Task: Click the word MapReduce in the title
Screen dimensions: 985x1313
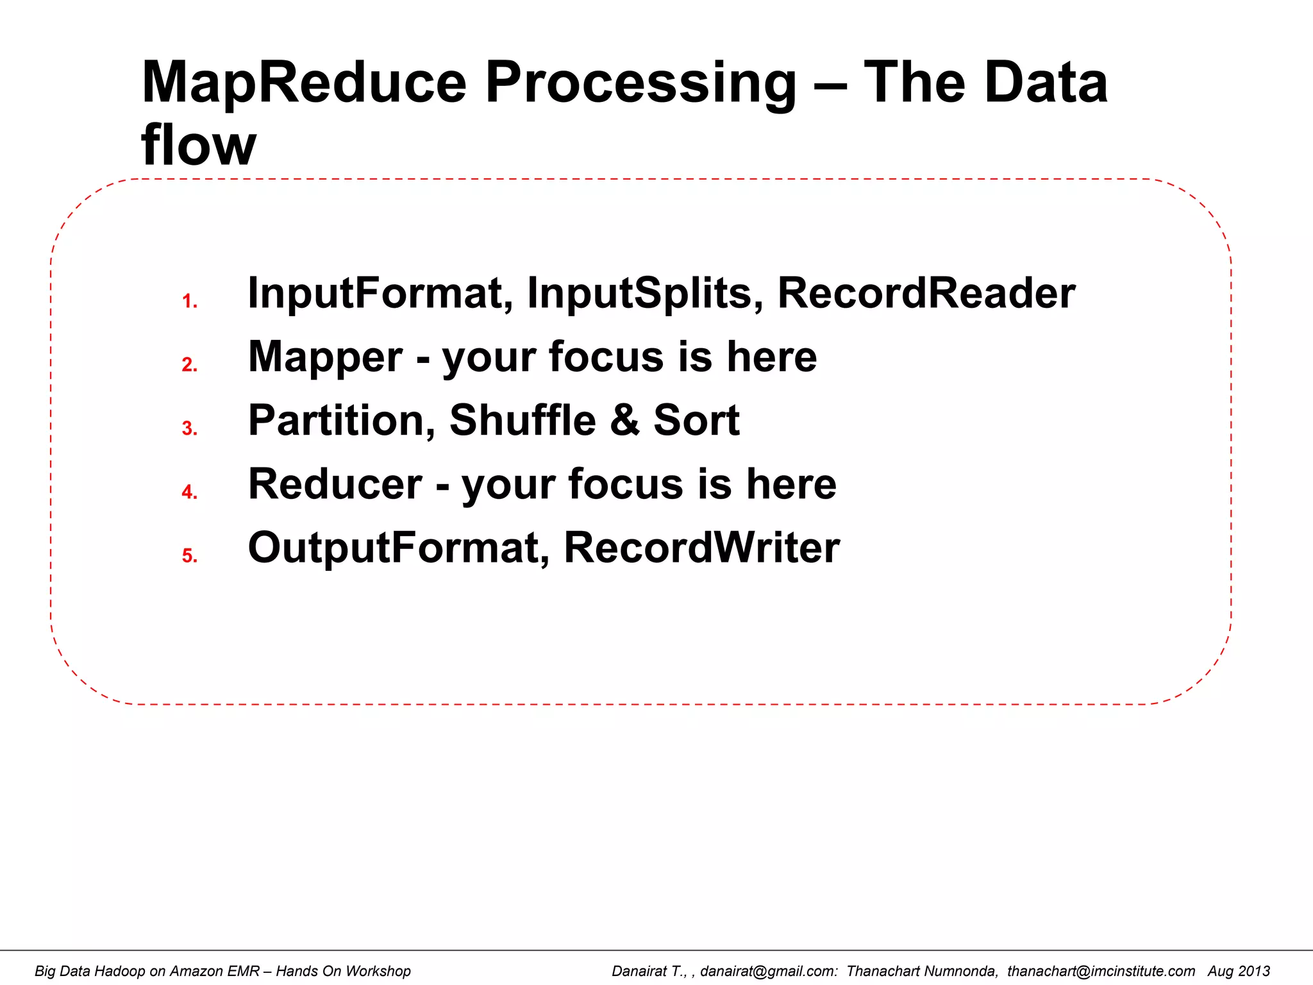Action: (x=304, y=83)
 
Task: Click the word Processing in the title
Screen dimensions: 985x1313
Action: (x=641, y=83)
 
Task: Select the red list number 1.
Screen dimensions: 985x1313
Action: (x=189, y=301)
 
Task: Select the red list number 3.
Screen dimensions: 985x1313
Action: (x=189, y=428)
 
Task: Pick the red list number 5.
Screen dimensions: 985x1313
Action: (x=189, y=555)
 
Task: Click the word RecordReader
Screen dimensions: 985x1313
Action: (x=926, y=293)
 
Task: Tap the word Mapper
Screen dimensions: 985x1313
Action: (x=325, y=358)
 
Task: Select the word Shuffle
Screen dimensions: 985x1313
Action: (x=523, y=421)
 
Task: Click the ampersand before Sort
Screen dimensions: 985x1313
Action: (x=624, y=421)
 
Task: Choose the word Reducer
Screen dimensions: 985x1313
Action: (x=335, y=484)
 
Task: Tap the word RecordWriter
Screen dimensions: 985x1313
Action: (x=701, y=548)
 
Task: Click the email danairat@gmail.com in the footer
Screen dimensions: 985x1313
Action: (x=768, y=971)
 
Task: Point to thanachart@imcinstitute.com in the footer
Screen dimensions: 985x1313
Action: (x=1101, y=971)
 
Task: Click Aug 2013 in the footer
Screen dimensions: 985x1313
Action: (x=1239, y=971)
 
